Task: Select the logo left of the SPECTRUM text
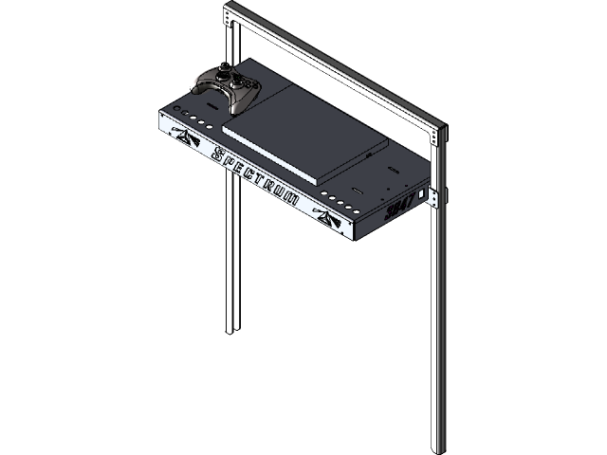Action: click(x=181, y=138)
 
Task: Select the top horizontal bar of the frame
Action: click(x=332, y=65)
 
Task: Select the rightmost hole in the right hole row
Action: click(x=355, y=208)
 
